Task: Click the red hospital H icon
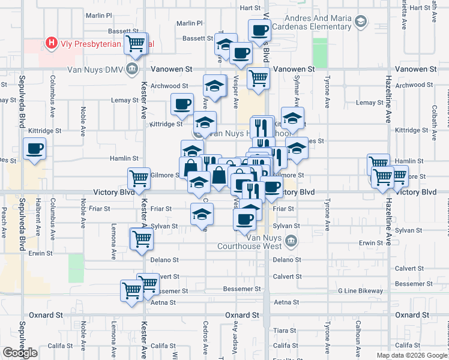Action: (52, 43)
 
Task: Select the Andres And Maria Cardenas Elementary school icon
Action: (360, 23)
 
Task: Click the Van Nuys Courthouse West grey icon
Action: (291, 241)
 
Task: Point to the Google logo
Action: (20, 352)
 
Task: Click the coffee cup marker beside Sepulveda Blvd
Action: (34, 149)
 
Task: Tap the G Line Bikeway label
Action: (360, 291)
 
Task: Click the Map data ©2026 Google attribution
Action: (412, 355)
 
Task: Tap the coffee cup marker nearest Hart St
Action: (259, 29)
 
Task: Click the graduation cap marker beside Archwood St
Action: (214, 85)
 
